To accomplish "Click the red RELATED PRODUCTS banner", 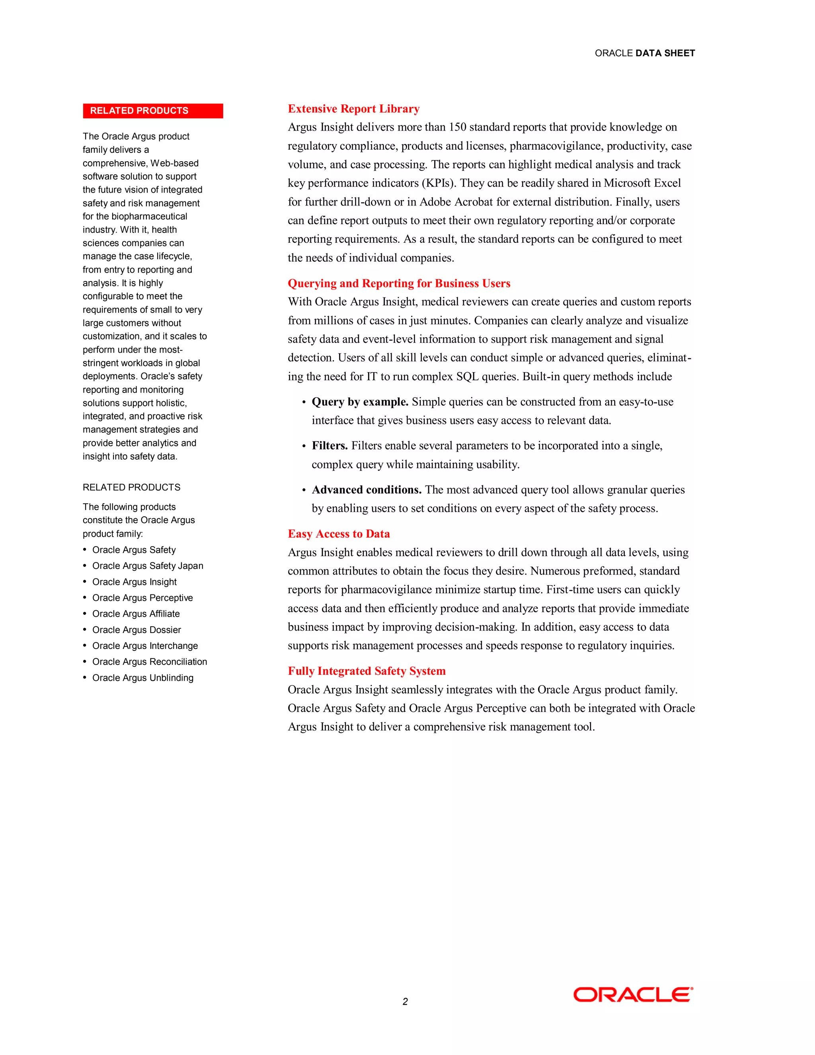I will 152,111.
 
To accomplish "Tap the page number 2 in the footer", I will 405,1001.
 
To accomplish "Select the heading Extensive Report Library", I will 353,109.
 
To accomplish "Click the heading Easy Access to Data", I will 339,534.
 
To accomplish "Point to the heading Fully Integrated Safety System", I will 367,671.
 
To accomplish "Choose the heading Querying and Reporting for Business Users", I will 399,283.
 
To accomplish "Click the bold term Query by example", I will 360,402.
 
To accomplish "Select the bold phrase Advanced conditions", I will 367,490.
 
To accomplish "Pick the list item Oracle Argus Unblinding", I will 142,678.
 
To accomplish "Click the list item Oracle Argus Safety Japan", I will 147,566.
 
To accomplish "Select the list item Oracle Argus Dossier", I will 136,630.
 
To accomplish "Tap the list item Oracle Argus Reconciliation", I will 149,662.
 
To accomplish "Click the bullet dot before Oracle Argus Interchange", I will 85,645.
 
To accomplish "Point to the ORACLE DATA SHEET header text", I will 645,53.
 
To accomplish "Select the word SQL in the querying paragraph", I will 467,376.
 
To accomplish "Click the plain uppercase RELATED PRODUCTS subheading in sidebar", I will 131,487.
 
